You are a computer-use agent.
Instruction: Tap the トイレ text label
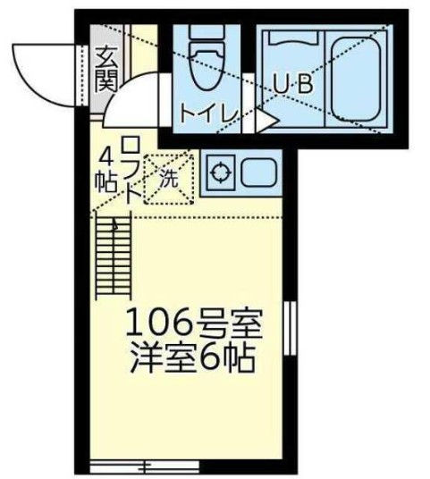[x=207, y=113]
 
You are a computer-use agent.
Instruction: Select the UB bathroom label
[x=292, y=83]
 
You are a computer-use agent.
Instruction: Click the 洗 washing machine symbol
[x=168, y=178]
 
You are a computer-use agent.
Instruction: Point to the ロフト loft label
[x=129, y=169]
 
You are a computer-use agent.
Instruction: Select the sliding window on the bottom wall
[x=132, y=466]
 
